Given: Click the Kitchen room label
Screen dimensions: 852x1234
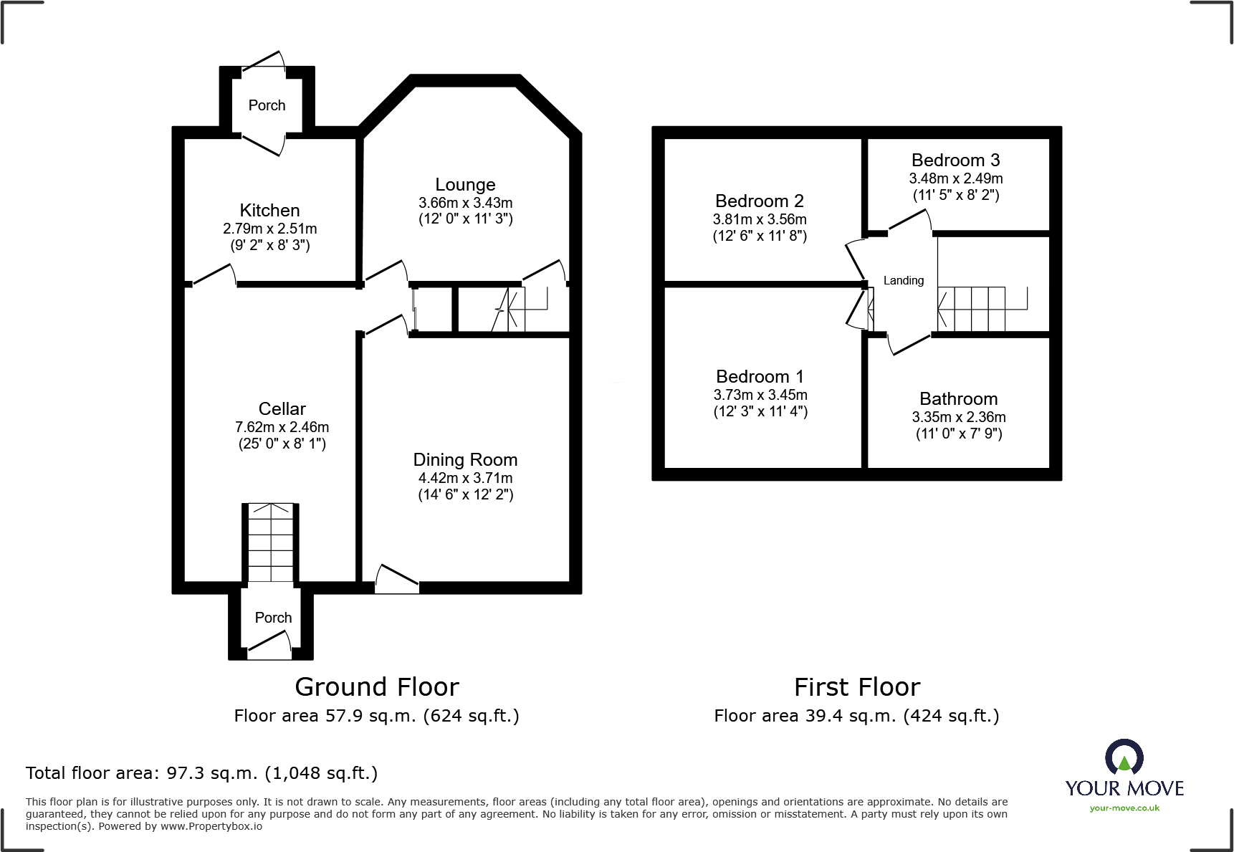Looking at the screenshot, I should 269,210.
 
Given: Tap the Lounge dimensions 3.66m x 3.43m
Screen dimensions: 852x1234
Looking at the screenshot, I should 465,203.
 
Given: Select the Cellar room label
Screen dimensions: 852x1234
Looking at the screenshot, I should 282,408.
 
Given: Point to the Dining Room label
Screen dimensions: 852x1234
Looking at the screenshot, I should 465,459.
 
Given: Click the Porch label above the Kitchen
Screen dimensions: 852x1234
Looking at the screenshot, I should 267,105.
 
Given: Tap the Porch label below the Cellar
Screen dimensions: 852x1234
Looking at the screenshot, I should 273,617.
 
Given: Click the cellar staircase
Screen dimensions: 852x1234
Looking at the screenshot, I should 271,542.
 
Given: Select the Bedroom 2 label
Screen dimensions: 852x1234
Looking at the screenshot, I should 759,201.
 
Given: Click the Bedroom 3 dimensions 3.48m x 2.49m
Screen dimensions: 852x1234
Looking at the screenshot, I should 955,178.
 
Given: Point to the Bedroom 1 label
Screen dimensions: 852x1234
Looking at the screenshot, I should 760,376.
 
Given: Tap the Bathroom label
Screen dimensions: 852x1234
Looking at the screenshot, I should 958,398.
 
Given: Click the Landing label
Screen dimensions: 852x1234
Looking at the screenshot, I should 903,280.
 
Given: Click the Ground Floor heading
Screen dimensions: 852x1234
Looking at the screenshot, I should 376,686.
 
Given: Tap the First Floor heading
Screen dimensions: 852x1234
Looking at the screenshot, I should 856,686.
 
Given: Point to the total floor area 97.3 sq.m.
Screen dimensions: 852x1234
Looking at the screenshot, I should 201,772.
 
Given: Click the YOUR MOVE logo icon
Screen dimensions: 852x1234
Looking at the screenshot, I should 1124,757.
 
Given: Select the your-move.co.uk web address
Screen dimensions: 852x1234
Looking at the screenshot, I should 1124,808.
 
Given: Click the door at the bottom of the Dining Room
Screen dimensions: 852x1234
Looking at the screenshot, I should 396,579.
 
